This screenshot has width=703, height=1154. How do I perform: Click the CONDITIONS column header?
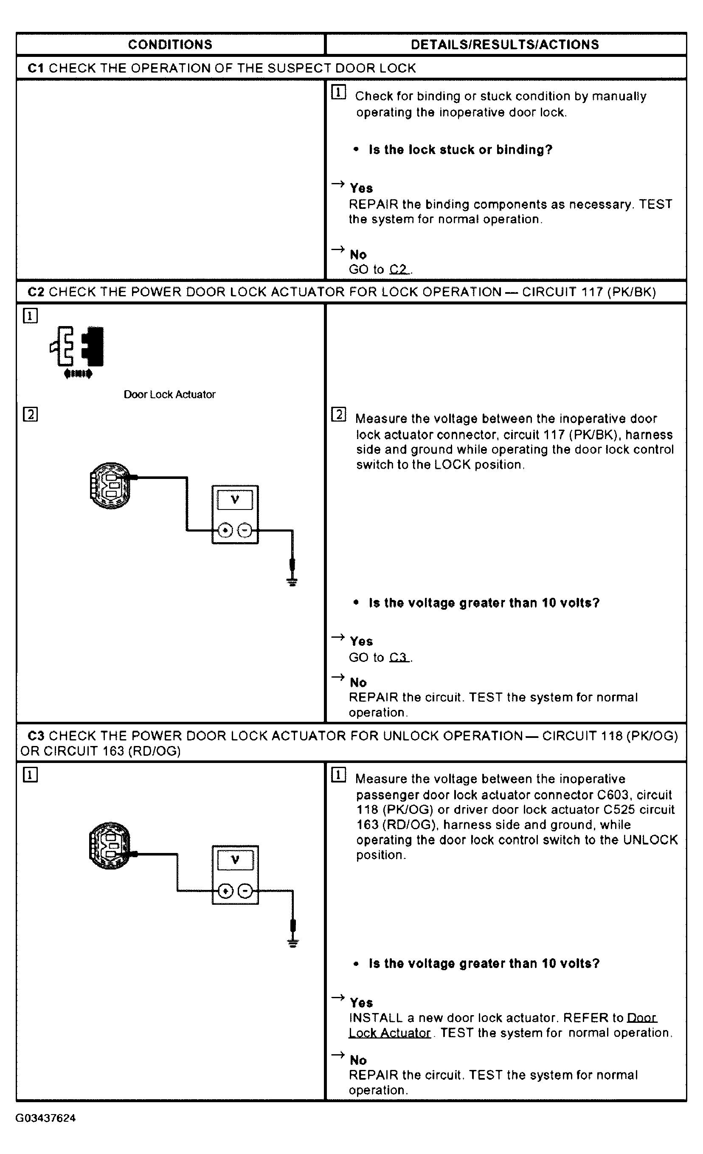pos(170,45)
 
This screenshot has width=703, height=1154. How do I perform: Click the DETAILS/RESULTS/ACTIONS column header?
pos(504,45)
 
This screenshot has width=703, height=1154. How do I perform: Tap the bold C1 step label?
pos(36,68)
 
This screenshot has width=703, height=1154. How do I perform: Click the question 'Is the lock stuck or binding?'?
pos(461,150)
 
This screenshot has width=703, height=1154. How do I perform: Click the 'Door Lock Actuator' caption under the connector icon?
pos(169,394)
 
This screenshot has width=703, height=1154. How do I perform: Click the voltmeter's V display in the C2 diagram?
pos(235,500)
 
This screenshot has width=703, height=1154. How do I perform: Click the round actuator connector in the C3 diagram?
pos(110,846)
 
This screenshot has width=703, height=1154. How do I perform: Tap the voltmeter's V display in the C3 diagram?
pos(235,860)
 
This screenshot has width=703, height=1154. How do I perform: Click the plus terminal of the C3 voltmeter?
pos(226,891)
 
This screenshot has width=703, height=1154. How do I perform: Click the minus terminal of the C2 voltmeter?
pos(245,531)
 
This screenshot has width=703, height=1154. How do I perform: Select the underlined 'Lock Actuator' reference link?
pos(390,1033)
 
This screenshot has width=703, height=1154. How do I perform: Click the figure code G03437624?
pos(45,1118)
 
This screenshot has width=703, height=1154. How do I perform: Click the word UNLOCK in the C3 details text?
pos(650,840)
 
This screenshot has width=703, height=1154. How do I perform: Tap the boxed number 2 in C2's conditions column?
pos(31,414)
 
